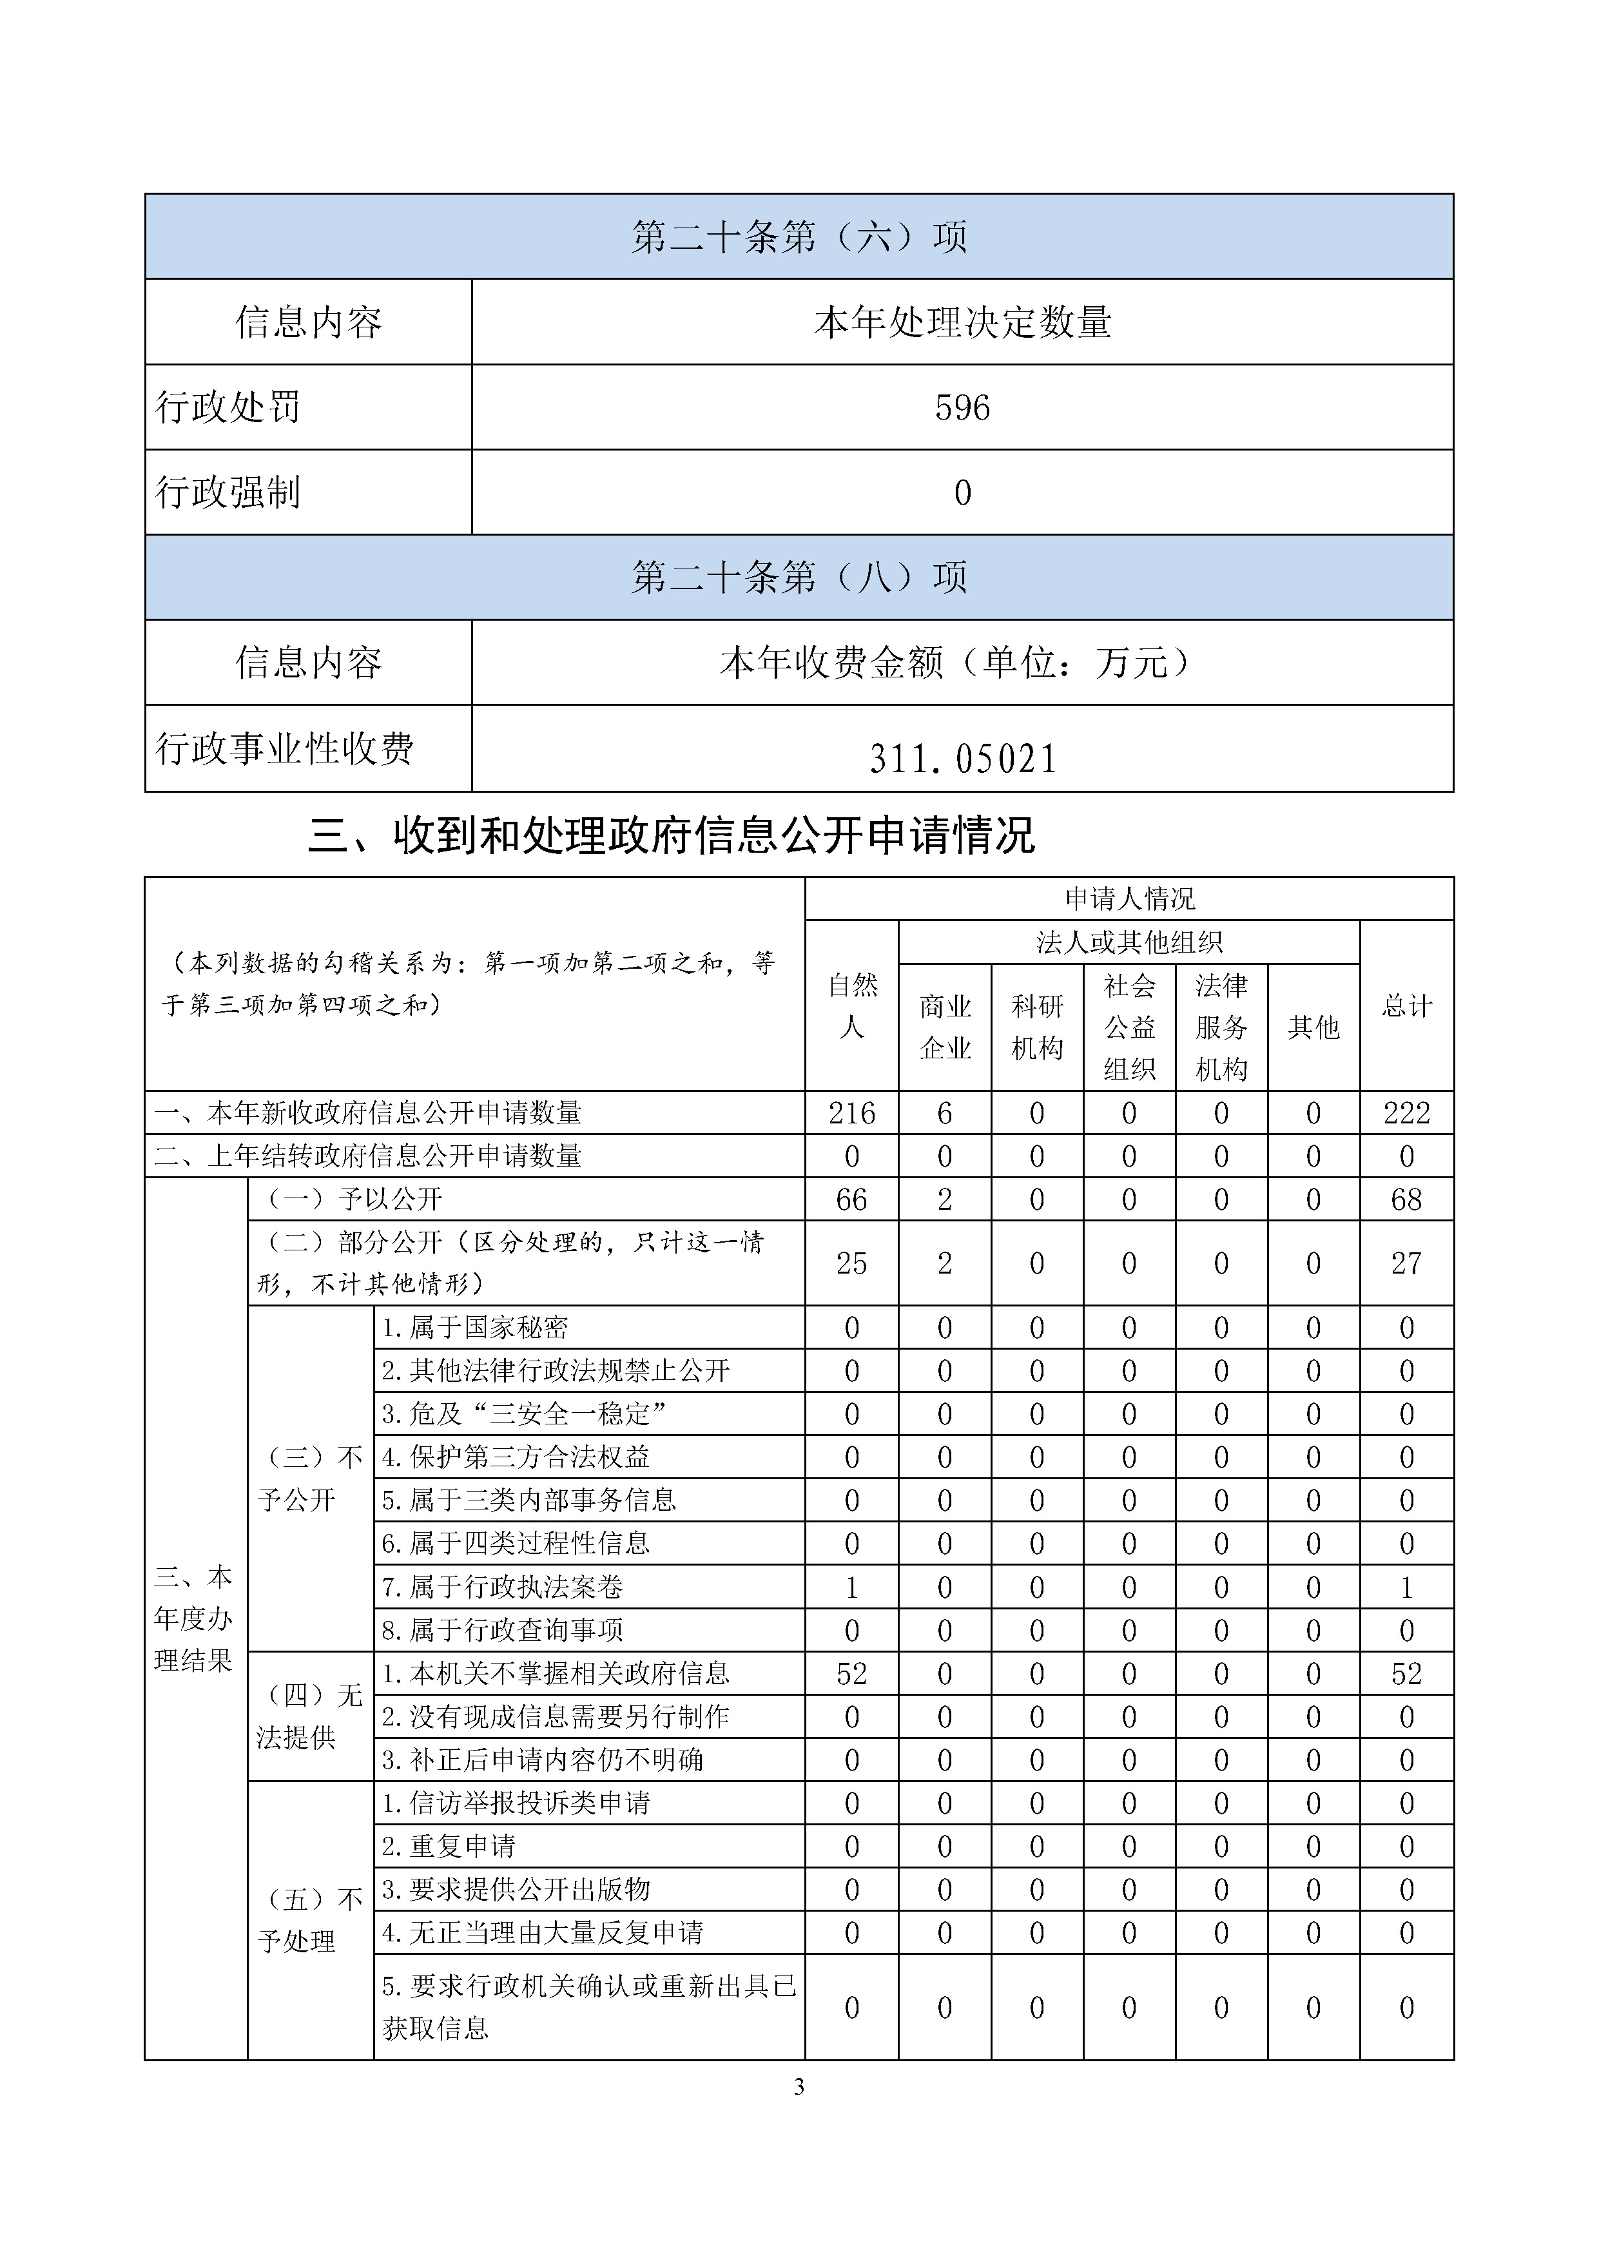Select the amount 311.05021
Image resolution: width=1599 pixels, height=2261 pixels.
coord(962,758)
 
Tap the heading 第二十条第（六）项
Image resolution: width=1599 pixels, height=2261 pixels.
coord(799,237)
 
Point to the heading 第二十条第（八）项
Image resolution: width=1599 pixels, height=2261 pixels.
coord(799,577)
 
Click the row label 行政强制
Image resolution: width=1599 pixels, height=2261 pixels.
coord(228,492)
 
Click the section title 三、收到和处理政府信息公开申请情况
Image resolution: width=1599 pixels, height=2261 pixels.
coord(672,835)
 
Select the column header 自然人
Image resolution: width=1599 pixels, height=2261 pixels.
coord(851,1005)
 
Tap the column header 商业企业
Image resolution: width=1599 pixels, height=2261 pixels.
coord(944,1027)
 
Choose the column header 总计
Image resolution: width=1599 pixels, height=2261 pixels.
coord(1406,1005)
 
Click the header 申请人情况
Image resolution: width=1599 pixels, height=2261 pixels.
coord(1129,898)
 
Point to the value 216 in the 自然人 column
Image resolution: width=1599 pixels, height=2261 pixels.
coord(851,1112)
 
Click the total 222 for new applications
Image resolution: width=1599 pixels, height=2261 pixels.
coord(1406,1112)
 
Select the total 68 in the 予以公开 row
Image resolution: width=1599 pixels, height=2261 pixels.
coord(1406,1199)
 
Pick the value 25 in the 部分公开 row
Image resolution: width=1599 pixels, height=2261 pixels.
coord(851,1263)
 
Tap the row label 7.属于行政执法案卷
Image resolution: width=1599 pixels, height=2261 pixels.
coord(502,1587)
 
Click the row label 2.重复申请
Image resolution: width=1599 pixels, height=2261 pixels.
coord(449,1847)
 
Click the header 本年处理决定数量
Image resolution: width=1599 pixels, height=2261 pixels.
coord(962,322)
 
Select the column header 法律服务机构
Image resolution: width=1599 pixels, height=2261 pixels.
coord(1221,1027)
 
